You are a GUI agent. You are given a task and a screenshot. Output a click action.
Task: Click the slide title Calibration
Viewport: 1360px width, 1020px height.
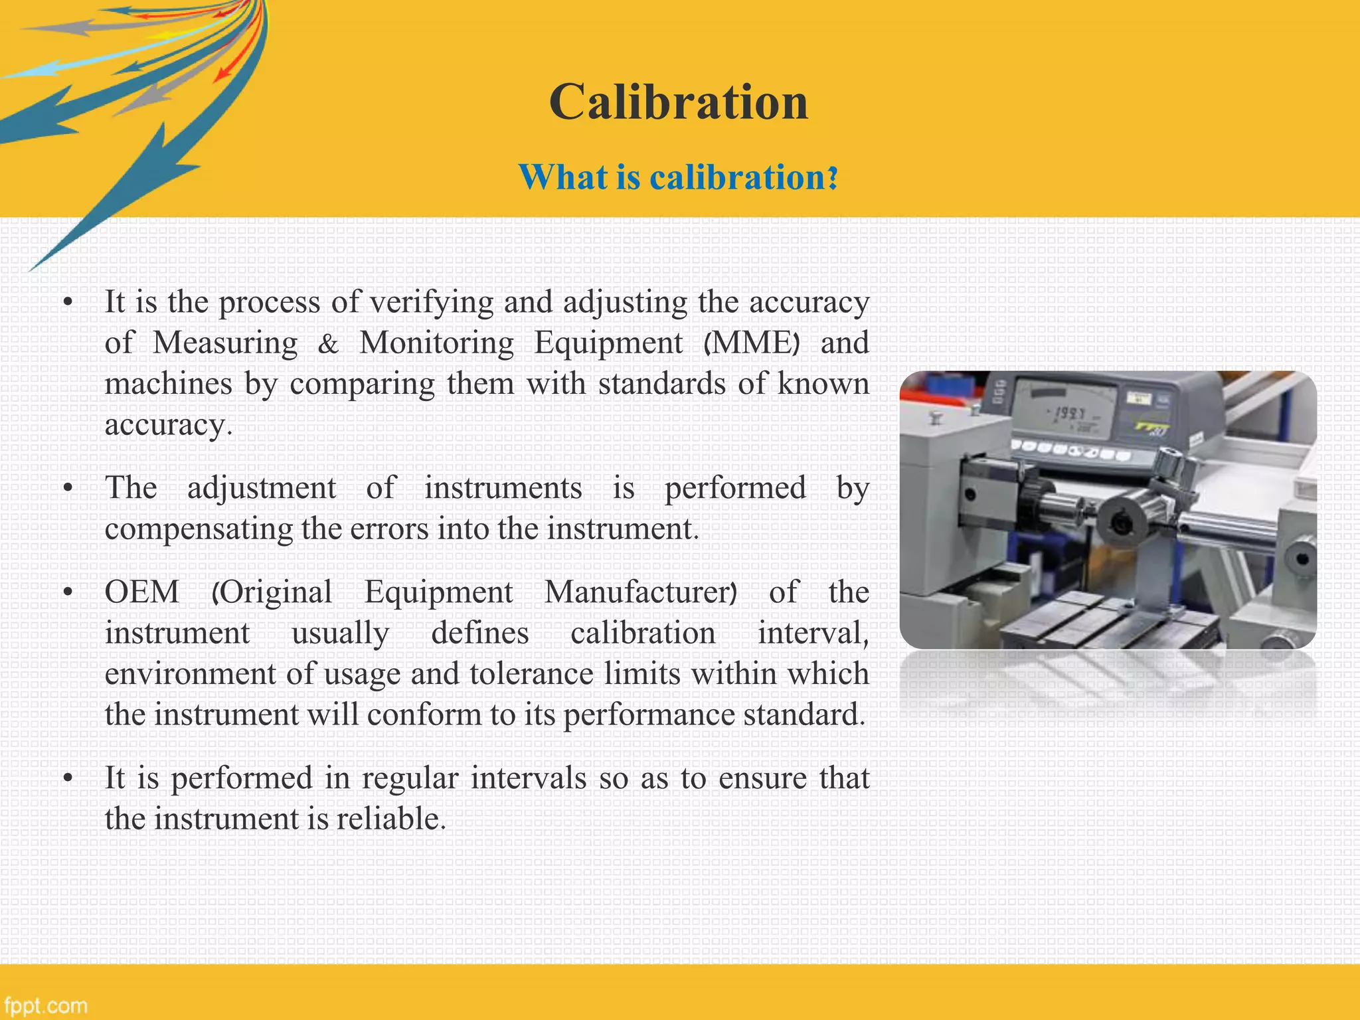[x=678, y=102]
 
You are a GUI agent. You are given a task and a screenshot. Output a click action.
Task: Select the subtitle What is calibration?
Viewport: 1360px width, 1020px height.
[x=678, y=177]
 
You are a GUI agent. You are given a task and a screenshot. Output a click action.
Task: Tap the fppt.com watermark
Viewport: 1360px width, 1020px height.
[x=45, y=1005]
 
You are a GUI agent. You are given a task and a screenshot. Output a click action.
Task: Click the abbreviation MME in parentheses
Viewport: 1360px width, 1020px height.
[x=752, y=343]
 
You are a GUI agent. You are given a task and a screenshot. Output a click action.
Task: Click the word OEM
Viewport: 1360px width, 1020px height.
[x=142, y=592]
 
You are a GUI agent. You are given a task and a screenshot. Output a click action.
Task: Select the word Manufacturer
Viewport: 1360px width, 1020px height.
[x=637, y=592]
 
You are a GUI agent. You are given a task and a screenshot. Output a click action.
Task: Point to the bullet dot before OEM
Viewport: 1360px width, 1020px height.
[x=67, y=592]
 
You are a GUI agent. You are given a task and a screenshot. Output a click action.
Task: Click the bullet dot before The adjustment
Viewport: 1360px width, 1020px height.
[x=67, y=489]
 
